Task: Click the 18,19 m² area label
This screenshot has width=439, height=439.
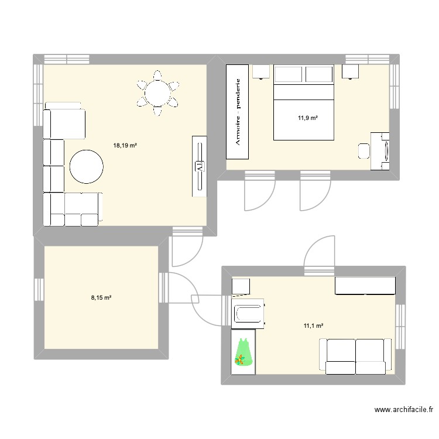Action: click(125, 145)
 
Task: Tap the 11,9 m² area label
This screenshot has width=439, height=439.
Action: click(307, 118)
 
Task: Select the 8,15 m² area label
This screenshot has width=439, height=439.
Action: click(101, 297)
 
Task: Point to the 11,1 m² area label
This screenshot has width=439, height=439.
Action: click(313, 326)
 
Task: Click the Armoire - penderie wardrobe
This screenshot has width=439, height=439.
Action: click(238, 111)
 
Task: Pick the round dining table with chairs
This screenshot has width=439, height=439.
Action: click(157, 92)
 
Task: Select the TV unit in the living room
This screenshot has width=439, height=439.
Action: click(200, 167)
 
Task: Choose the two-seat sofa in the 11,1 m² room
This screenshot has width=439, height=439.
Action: click(356, 356)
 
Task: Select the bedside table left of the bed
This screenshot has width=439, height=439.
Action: click(261, 71)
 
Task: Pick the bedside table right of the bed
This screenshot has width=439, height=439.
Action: click(350, 71)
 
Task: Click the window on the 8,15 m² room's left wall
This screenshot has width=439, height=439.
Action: click(39, 297)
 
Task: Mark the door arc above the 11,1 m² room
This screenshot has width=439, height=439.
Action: click(319, 249)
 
